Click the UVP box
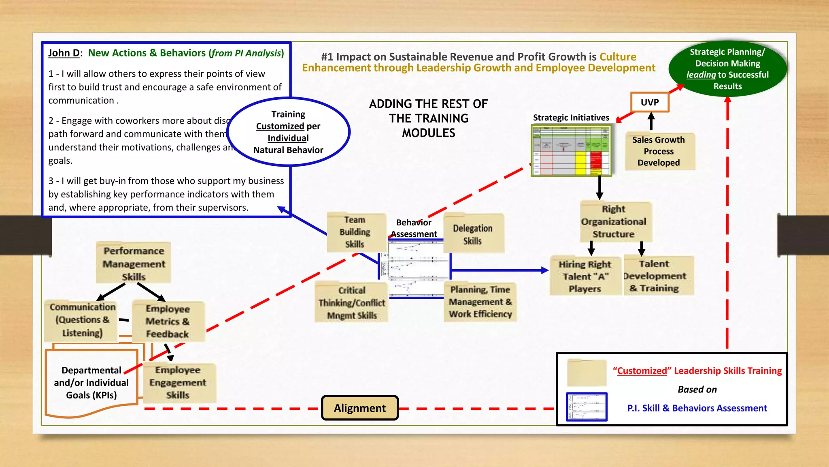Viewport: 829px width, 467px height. pyautogui.click(x=650, y=102)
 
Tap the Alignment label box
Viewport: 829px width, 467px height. pyautogui.click(x=360, y=408)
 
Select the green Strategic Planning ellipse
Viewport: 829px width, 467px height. pyautogui.click(x=727, y=69)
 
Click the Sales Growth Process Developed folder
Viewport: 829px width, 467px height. pyautogui.click(x=659, y=151)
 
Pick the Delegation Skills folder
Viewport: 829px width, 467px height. pyautogui.click(x=473, y=234)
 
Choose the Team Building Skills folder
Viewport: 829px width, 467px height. pyautogui.click(x=355, y=232)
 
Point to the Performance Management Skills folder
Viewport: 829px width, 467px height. pyautogui.click(x=134, y=263)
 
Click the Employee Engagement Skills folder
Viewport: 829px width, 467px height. pyautogui.click(x=178, y=382)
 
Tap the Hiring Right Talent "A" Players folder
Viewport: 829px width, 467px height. pyautogui.click(x=585, y=276)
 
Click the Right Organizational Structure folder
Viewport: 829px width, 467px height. pyautogui.click(x=614, y=221)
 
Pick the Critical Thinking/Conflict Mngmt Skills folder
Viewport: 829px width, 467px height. pyautogui.click(x=351, y=302)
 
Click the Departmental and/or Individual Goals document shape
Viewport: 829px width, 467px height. pyautogui.click(x=91, y=383)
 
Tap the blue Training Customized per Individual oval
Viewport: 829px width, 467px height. pyautogui.click(x=288, y=132)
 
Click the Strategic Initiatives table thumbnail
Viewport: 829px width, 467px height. pyautogui.click(x=571, y=150)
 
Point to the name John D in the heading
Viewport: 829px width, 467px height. pyautogui.click(x=64, y=53)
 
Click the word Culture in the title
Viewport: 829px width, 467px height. pyautogui.click(x=618, y=57)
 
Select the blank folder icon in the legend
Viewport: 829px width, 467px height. pyautogui.click(x=587, y=372)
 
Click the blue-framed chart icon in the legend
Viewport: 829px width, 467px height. pyautogui.click(x=587, y=407)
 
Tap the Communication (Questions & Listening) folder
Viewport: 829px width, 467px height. pyautogui.click(x=82, y=320)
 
